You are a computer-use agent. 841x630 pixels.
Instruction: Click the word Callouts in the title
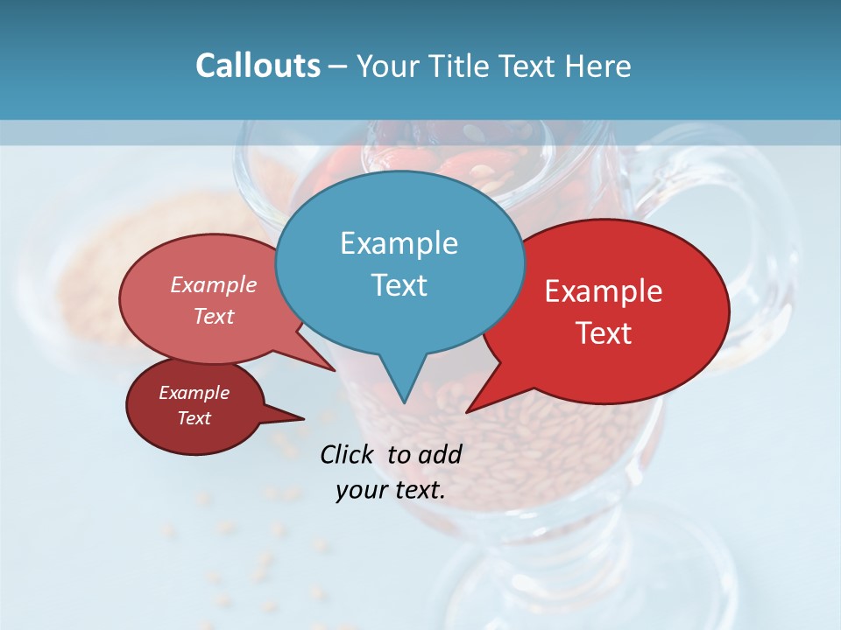click(258, 66)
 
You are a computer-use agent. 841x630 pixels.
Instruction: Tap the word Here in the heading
click(599, 66)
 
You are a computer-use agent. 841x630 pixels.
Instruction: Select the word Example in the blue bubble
click(399, 243)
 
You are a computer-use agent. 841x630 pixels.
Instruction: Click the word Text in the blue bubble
click(399, 285)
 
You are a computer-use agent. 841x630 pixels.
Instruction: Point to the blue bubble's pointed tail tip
click(404, 402)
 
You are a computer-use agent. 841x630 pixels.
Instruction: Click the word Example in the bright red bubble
click(604, 291)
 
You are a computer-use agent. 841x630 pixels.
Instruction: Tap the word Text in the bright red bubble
click(604, 333)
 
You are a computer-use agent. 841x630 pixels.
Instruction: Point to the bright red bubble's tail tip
click(467, 411)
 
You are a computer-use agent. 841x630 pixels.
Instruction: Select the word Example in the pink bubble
click(213, 285)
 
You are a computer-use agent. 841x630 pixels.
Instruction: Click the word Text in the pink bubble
click(213, 317)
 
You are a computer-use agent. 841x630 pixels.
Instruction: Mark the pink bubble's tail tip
click(335, 370)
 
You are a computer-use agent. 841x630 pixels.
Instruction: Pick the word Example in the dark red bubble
click(194, 393)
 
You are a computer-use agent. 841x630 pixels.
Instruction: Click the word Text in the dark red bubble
click(194, 418)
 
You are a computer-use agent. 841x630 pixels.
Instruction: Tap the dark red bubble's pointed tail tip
click(304, 417)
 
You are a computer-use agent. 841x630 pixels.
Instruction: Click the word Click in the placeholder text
click(347, 454)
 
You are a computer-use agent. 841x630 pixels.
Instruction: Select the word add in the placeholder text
click(440, 454)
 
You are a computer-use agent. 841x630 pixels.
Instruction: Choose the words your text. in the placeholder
click(391, 490)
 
